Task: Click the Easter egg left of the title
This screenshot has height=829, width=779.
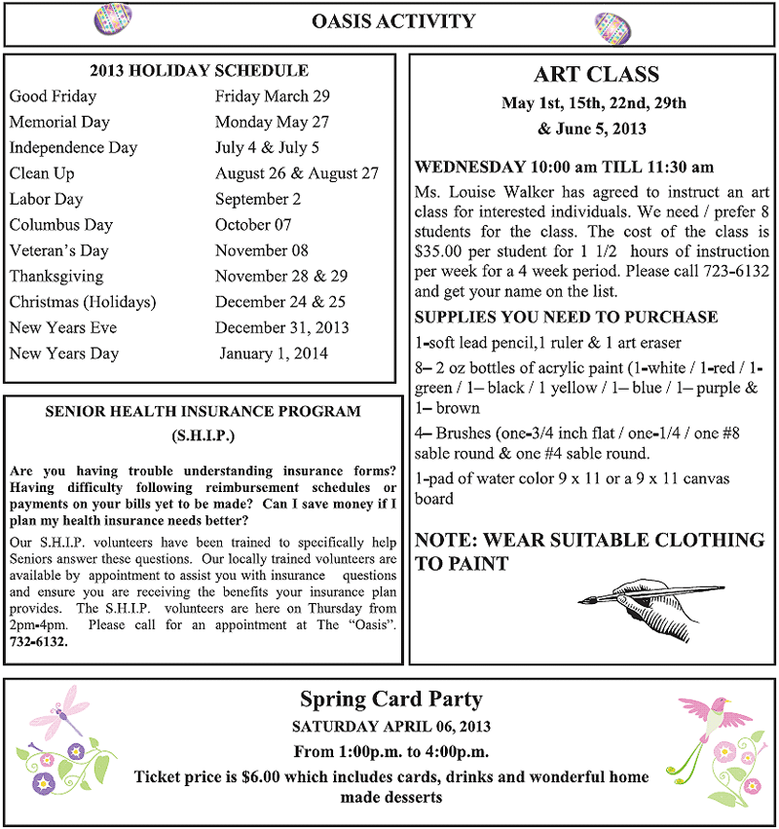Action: pos(111,19)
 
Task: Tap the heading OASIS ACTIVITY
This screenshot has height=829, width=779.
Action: pos(394,21)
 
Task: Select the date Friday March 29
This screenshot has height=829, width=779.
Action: pos(273,96)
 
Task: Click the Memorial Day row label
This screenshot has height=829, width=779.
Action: pos(59,122)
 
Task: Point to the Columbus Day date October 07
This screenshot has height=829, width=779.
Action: pos(253,224)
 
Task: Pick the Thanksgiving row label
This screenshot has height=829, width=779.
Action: pos(56,276)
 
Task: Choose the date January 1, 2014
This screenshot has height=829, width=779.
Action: pos(274,353)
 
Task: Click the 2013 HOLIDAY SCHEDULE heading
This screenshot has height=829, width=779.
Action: pos(200,70)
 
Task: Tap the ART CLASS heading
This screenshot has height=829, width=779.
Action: pos(596,75)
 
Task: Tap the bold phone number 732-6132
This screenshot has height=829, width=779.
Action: pos(39,642)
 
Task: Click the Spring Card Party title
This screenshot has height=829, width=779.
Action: pos(390,698)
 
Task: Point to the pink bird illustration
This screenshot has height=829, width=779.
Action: pos(716,716)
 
